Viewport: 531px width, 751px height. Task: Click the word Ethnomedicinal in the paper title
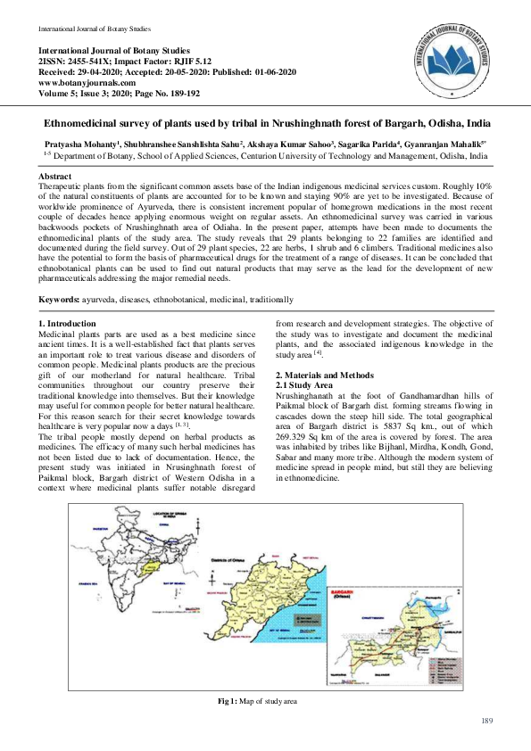85,122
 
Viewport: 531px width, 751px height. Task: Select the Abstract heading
56,177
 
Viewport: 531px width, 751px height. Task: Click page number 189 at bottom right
486,720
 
